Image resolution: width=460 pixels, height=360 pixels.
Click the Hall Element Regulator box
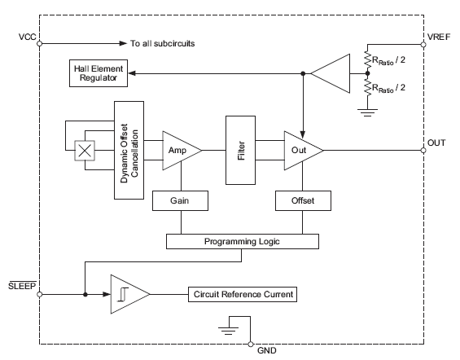point(99,73)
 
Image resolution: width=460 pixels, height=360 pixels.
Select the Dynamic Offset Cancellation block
point(129,150)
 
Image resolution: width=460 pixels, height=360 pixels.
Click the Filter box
point(240,150)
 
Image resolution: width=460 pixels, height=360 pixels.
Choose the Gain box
point(180,200)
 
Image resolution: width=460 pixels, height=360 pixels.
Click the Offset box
point(303,200)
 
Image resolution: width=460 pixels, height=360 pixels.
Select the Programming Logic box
point(243,241)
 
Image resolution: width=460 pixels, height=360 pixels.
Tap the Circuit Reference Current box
point(243,294)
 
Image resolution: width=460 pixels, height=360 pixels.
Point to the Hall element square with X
point(85,151)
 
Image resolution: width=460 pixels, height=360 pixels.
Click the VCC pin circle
point(40,44)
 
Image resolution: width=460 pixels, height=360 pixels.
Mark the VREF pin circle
point(423,45)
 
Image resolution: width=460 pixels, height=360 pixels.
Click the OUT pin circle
point(423,151)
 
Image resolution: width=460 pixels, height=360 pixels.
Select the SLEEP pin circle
point(40,294)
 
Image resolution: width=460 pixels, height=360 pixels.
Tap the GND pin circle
point(251,345)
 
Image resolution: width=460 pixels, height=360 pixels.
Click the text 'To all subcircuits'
point(163,43)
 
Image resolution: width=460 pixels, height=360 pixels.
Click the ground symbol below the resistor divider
point(367,112)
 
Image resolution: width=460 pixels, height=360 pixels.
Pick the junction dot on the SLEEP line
point(85,294)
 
